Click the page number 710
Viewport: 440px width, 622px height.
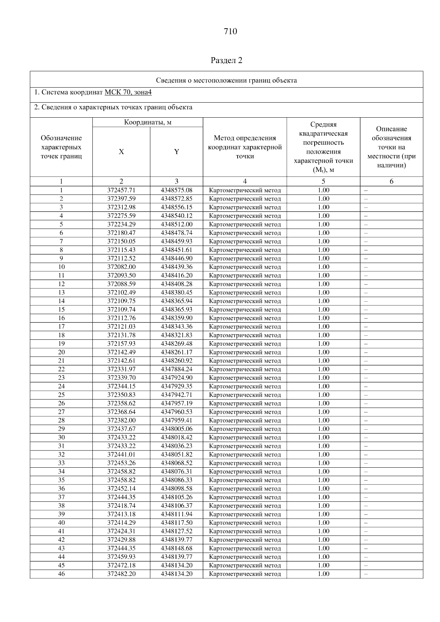(x=230, y=32)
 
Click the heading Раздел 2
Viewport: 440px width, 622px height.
(x=227, y=60)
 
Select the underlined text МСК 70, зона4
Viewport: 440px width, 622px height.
(x=128, y=92)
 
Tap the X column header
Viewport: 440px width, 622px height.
(x=121, y=152)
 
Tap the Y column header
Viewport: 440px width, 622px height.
(x=176, y=152)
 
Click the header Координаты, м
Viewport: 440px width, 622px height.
(x=147, y=122)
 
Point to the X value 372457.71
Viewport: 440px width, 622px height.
(x=121, y=190)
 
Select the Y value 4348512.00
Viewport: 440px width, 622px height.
(x=176, y=224)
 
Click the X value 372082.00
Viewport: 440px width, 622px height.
(x=121, y=267)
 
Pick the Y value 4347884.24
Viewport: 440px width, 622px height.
(x=176, y=369)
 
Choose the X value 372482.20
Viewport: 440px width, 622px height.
(x=121, y=574)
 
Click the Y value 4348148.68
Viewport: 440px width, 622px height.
(x=176, y=548)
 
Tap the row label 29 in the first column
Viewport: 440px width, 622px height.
(x=61, y=429)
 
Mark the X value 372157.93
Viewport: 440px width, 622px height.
(x=121, y=344)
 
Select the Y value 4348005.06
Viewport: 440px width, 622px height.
(x=176, y=429)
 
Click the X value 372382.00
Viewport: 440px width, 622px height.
(x=121, y=420)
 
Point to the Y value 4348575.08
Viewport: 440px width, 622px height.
(x=176, y=190)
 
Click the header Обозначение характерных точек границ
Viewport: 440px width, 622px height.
(x=61, y=147)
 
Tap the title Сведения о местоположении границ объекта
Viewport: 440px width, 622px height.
(x=226, y=80)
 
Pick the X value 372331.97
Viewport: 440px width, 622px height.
(x=121, y=369)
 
